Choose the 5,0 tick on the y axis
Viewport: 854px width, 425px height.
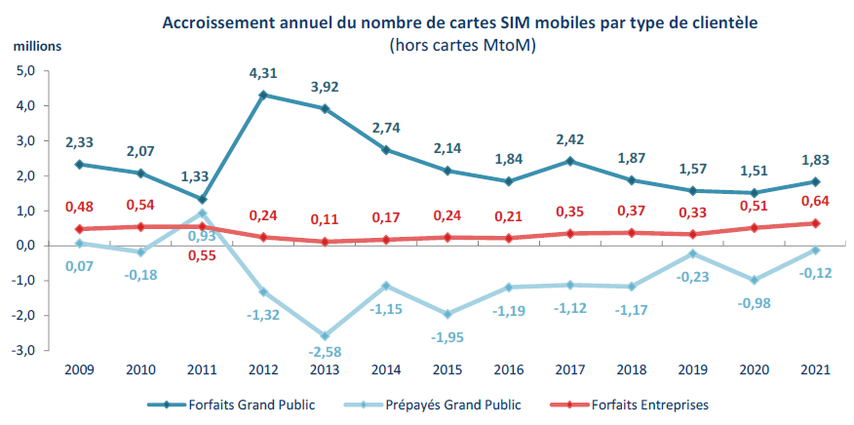coord(24,71)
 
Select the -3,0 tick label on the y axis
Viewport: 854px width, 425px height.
coord(22,350)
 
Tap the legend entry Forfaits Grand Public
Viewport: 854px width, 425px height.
coord(252,405)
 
